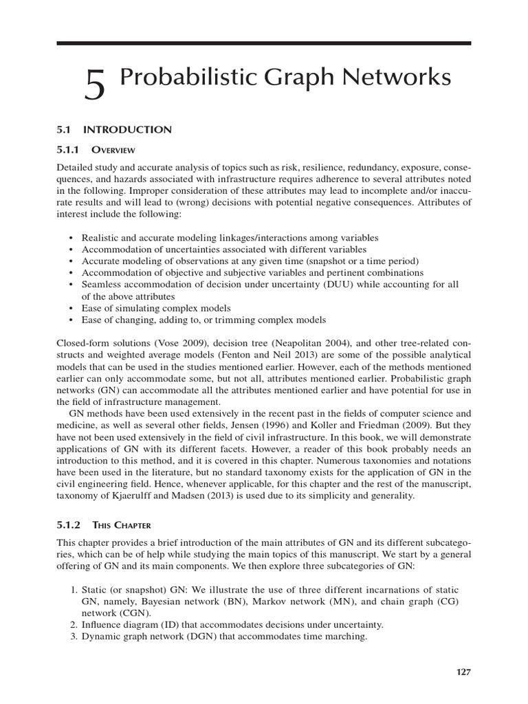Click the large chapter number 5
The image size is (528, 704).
96,87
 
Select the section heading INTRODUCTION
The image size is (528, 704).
127,129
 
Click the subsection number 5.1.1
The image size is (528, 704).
68,149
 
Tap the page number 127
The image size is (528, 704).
463,672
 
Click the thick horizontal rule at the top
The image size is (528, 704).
263,43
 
